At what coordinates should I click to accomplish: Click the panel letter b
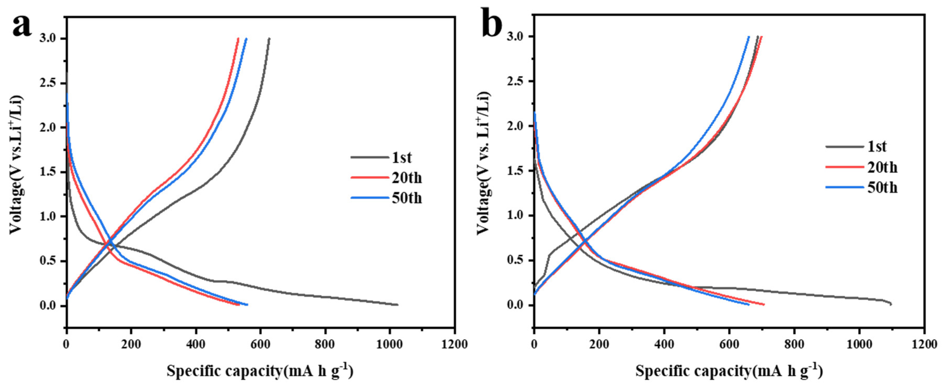(x=492, y=26)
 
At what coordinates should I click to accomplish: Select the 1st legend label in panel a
(x=402, y=158)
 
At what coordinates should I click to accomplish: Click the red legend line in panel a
(x=369, y=178)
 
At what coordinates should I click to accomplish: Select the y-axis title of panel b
(x=484, y=163)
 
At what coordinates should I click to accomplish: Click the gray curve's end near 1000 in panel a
(x=397, y=305)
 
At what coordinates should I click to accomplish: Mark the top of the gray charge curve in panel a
(x=269, y=38)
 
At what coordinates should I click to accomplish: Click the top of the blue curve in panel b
(x=748, y=37)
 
